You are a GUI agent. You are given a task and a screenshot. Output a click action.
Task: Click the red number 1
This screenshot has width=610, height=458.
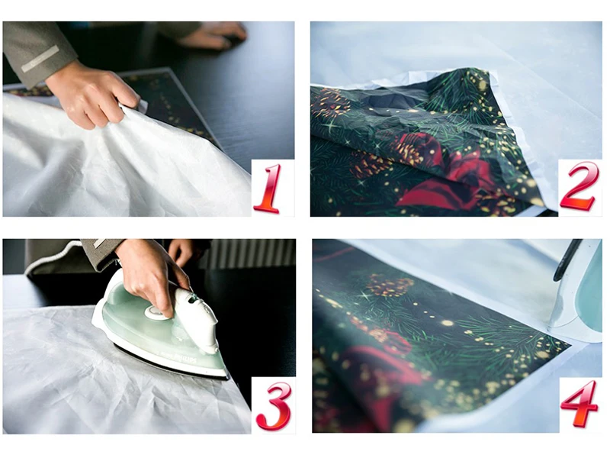point(268,189)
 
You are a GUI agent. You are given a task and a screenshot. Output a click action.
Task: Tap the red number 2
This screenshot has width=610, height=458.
point(578,186)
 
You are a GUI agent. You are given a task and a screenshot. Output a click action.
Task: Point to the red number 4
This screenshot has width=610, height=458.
point(579,403)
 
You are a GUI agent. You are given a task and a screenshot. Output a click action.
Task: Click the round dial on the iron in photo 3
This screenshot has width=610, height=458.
point(155,311)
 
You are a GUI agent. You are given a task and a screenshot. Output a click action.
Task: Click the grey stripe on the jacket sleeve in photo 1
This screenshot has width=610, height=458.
point(40,59)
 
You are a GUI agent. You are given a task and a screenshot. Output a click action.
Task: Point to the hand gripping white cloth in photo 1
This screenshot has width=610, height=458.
point(91,95)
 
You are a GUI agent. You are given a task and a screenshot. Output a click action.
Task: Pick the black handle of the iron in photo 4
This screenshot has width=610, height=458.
point(567,259)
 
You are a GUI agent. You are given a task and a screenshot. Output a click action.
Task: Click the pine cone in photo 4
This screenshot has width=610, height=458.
point(389,285)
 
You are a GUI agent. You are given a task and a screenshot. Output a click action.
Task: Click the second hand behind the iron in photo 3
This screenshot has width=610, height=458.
point(181,251)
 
